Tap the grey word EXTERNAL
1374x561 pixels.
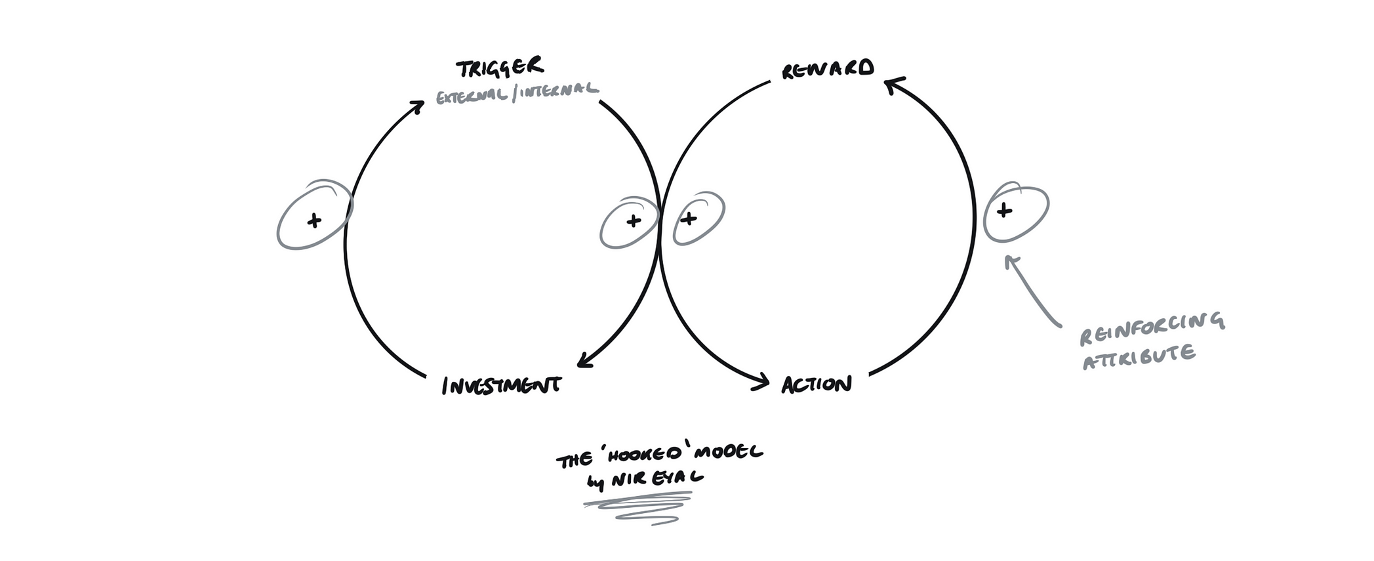point(471,97)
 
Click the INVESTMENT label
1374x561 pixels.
point(502,385)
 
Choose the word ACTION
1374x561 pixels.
point(817,384)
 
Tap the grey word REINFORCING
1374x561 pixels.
point(1152,328)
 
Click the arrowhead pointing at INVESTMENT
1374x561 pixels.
point(583,362)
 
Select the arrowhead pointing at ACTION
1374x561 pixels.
point(763,382)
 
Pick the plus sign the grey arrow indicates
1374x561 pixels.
point(1004,211)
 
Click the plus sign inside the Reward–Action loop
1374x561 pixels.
point(688,218)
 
